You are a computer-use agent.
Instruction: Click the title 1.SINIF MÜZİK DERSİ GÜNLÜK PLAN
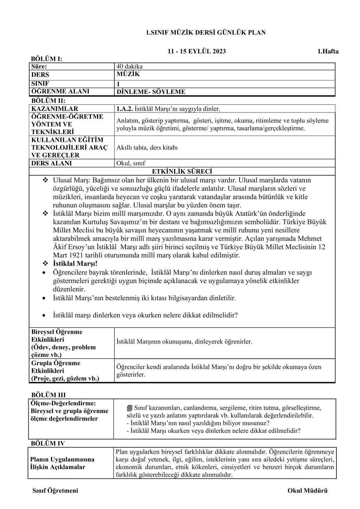[206, 32]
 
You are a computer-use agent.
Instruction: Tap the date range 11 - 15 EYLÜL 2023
[197, 51]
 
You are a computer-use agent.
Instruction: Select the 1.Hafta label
[328, 51]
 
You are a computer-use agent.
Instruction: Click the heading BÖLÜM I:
[46, 59]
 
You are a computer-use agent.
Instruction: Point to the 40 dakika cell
[129, 66]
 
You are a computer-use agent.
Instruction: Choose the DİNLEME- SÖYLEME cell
[151, 92]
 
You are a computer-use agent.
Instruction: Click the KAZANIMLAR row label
[55, 109]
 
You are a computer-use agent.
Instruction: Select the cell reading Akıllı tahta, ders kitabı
[147, 147]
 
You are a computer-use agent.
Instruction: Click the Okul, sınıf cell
[131, 163]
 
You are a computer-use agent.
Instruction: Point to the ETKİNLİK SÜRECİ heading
[182, 172]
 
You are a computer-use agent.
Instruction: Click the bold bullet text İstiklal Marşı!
[75, 264]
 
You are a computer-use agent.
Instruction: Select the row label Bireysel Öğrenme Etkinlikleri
[57, 336]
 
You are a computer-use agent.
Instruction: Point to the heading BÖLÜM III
[48, 395]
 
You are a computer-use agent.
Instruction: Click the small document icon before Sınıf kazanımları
[130, 408]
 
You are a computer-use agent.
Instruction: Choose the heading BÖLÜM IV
[48, 443]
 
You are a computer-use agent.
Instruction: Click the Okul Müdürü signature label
[307, 491]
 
